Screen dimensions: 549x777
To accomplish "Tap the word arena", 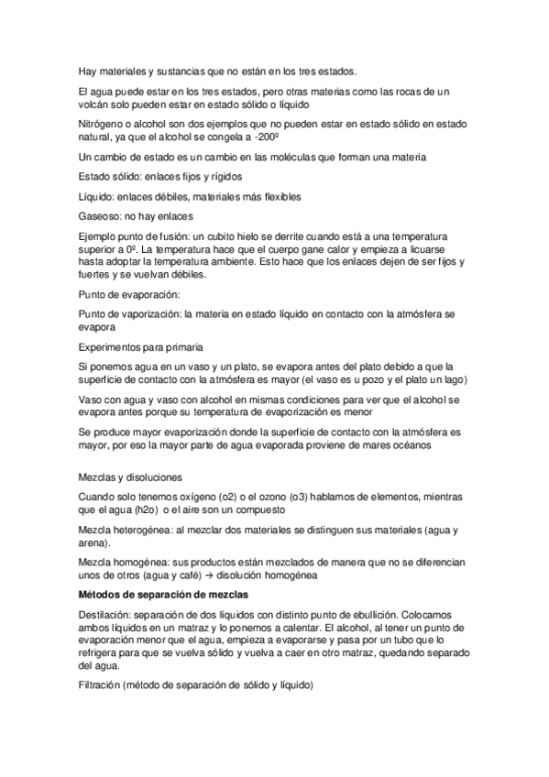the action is point(94,543).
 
